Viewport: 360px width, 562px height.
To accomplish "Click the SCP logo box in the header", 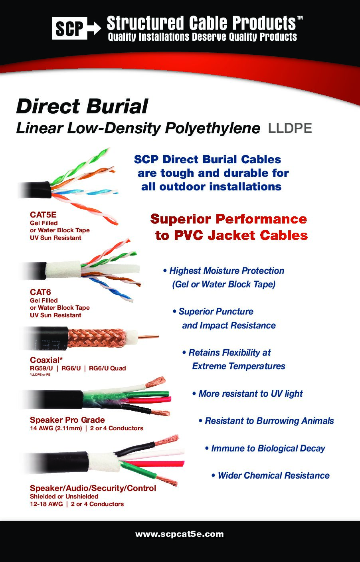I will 69,28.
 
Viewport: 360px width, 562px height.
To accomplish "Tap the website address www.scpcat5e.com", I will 180,534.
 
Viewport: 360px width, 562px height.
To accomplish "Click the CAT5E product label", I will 43,215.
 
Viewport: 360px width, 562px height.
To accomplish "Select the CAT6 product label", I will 40,292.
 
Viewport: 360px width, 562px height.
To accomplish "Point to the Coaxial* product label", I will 46,360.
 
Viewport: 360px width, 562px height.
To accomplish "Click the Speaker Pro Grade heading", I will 67,420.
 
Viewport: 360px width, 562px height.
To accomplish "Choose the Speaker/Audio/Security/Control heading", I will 93,488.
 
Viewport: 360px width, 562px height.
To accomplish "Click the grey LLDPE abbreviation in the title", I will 290,129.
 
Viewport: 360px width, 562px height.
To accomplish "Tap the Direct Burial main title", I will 82,107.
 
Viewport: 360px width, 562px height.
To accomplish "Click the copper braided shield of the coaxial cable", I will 96,338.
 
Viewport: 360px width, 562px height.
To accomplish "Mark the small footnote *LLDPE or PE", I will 40,374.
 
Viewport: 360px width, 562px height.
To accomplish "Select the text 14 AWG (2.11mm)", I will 56,428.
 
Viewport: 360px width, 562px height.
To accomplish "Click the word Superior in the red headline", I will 180,219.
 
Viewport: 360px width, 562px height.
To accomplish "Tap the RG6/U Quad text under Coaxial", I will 107,368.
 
